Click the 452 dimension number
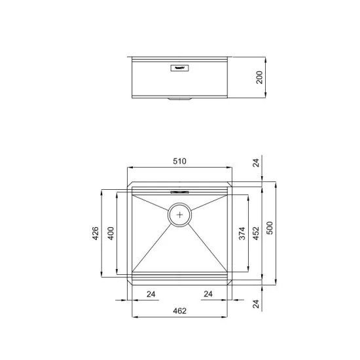coord(257,233)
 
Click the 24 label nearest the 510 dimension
coord(256,164)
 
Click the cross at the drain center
coord(180,214)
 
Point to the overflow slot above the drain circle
coord(179,192)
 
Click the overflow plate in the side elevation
coord(179,66)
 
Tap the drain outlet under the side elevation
coord(178,99)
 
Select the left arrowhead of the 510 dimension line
coord(128,168)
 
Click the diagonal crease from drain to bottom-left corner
coord(153,245)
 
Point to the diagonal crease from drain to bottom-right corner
coord(207,245)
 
